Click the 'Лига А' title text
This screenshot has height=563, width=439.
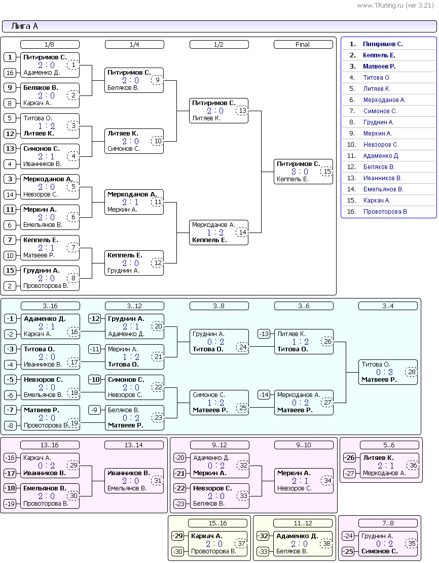24,26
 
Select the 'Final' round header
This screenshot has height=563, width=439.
303,45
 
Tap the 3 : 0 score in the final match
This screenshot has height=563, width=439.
300,172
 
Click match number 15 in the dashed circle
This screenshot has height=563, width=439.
327,172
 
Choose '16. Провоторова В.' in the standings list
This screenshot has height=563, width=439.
377,212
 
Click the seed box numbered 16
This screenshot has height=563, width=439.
10,73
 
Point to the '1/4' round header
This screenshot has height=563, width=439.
134,45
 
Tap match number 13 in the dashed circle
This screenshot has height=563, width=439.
242,111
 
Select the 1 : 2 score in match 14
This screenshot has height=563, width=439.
215,233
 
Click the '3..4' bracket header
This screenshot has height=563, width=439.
388,306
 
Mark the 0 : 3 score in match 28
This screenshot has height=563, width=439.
384,372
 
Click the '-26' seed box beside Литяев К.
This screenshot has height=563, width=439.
350,458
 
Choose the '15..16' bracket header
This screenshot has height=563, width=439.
217,523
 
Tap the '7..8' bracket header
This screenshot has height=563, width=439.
388,523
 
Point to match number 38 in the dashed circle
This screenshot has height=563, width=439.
326,544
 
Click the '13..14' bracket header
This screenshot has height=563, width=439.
134,445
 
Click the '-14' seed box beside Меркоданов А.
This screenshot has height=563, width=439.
264,395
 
